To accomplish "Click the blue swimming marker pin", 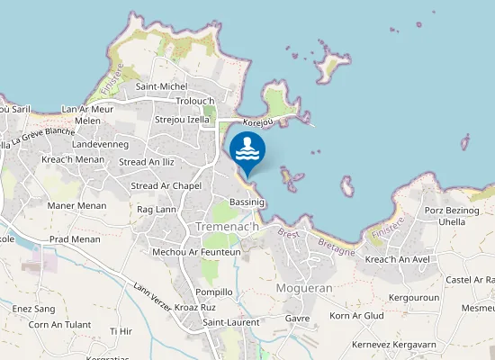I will (247, 150).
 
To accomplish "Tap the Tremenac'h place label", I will (228, 228).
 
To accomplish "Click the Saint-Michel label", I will (161, 86).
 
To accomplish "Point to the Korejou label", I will (258, 120).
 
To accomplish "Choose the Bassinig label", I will (247, 202).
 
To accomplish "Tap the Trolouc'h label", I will (195, 101).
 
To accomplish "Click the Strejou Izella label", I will (182, 119).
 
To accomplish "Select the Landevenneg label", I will (101, 144).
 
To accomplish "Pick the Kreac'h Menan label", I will (73, 159).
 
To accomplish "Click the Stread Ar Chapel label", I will (166, 185).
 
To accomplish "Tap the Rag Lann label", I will (156, 210).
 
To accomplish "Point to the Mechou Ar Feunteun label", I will (196, 253).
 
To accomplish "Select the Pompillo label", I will (214, 292).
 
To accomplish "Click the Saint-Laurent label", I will (231, 322).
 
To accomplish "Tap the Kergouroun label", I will (413, 297).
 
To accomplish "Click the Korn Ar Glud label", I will (356, 316).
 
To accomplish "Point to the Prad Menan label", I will (75, 239).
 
